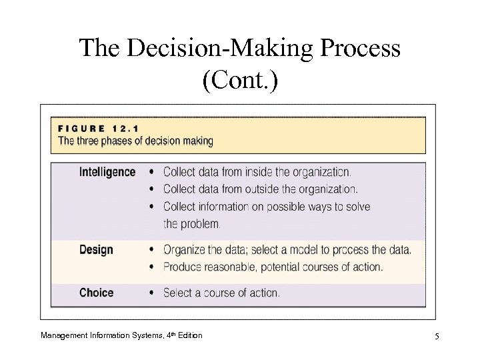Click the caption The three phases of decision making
pyautogui.click(x=136, y=141)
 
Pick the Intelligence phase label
pyautogui.click(x=107, y=172)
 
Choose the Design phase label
pyautogui.click(x=96, y=250)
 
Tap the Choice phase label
pyautogui.click(x=97, y=293)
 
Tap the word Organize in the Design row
pyautogui.click(x=184, y=251)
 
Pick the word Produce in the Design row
pyautogui.click(x=183, y=267)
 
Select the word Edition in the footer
pyautogui.click(x=189, y=335)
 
